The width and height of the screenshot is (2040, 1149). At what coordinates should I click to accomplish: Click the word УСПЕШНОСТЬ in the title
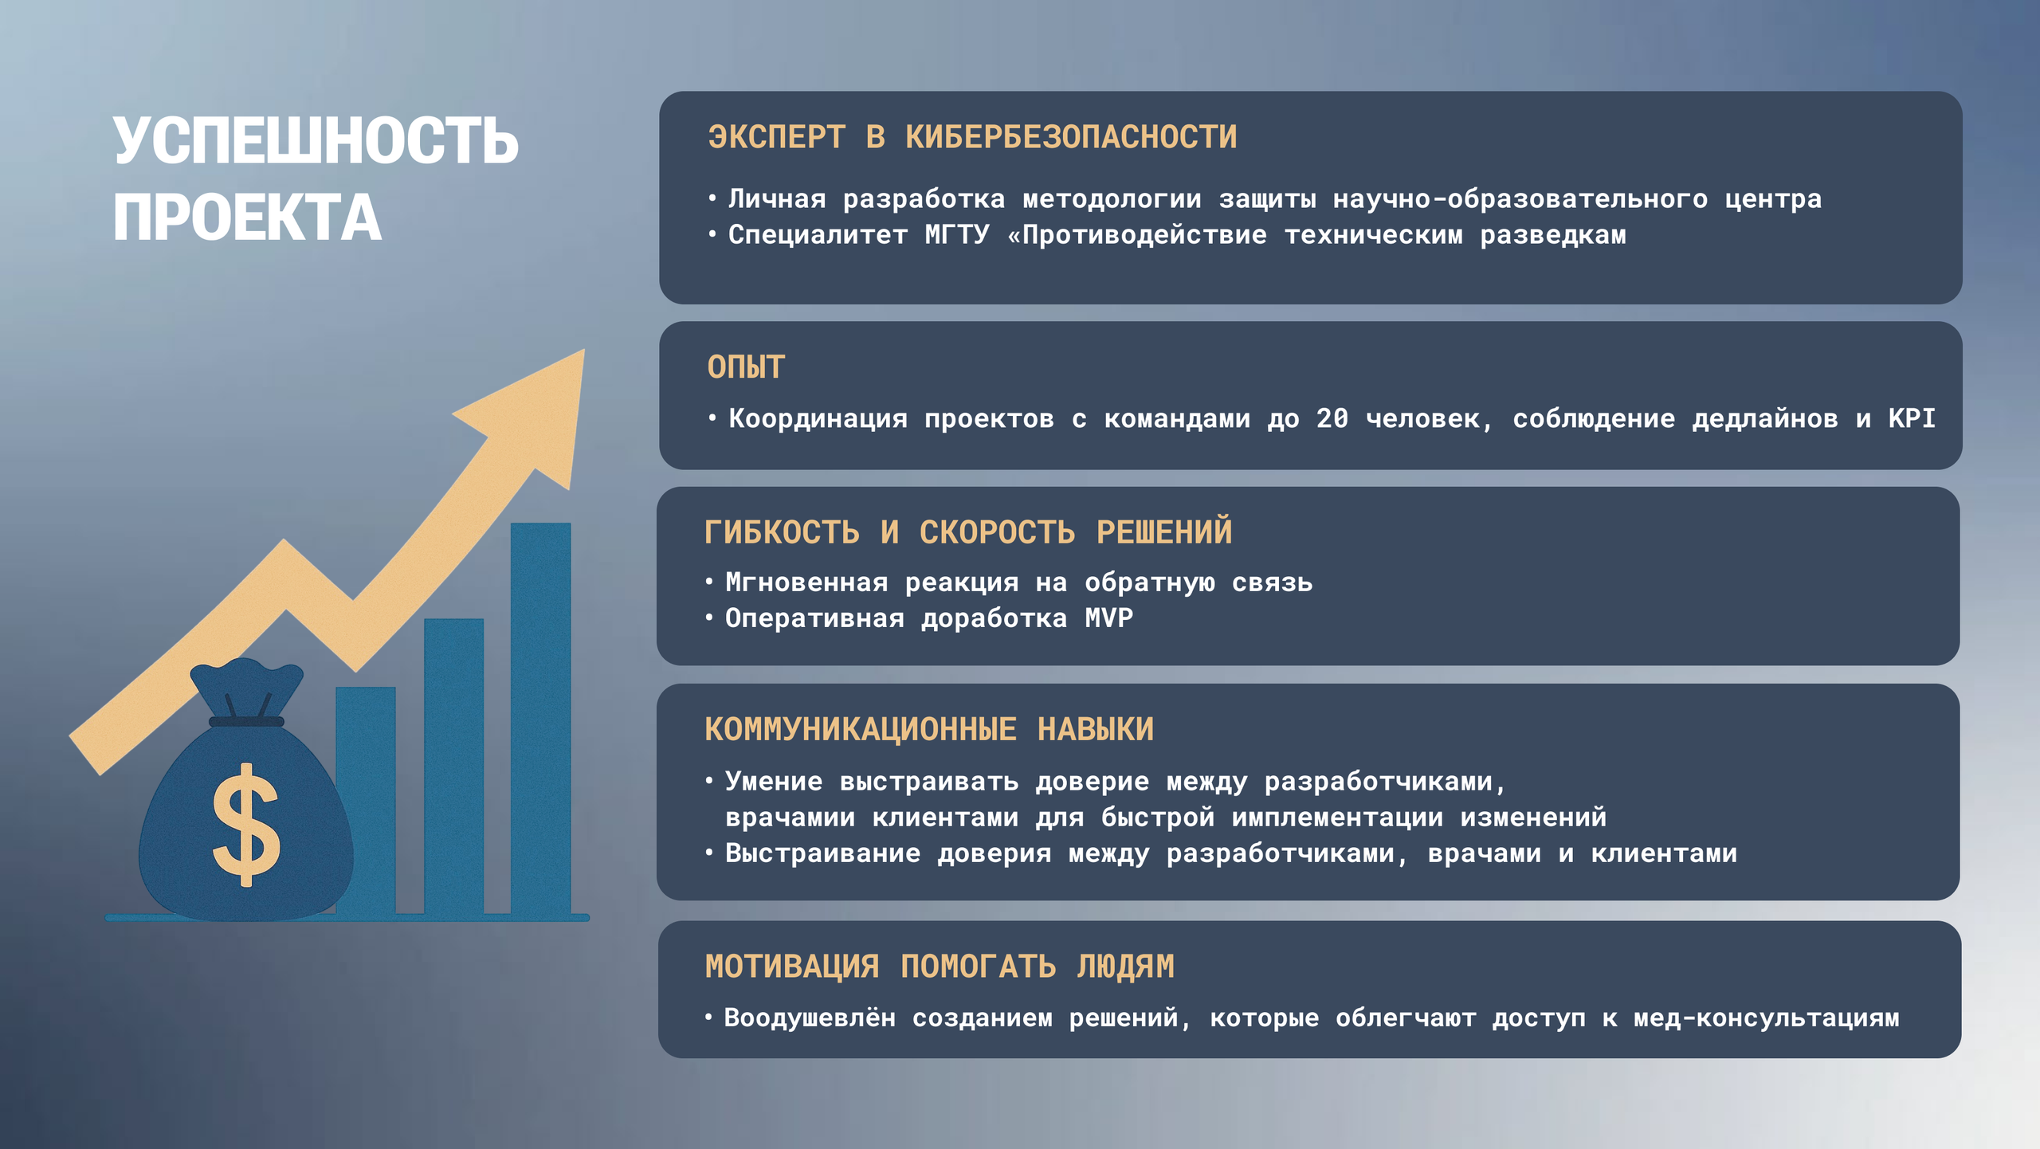click(x=316, y=142)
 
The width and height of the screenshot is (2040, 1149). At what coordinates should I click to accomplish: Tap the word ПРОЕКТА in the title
click(x=247, y=218)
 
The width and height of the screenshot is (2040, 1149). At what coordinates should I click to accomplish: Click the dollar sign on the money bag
click(x=246, y=825)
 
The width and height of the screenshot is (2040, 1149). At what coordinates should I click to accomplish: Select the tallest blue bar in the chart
click(x=540, y=717)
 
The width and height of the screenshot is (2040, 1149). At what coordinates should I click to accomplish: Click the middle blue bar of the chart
click(x=453, y=765)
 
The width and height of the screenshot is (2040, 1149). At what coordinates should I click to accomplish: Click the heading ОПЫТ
click(x=746, y=367)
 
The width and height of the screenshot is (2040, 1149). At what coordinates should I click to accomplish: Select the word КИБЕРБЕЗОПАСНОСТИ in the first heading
click(x=1071, y=138)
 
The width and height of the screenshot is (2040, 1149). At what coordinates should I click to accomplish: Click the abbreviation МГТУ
click(x=956, y=235)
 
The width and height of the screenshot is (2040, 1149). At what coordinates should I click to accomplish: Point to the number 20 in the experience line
click(x=1332, y=418)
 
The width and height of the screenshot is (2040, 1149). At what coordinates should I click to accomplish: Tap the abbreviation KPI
click(x=1911, y=418)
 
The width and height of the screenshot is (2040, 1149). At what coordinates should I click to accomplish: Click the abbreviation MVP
click(x=1108, y=618)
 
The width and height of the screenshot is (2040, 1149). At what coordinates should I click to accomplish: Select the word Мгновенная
click(x=806, y=582)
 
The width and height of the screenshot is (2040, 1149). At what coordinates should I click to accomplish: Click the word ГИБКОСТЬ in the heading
click(x=782, y=532)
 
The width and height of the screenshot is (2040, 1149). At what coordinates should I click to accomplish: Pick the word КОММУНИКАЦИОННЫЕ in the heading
click(x=861, y=729)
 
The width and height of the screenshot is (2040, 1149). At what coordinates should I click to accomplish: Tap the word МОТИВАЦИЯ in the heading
click(x=792, y=967)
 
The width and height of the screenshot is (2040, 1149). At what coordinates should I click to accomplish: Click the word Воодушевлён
click(x=810, y=1018)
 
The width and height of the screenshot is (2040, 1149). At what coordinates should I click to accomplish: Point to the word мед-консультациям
click(x=1766, y=1018)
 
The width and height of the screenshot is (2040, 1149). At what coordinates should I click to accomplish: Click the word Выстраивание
click(x=822, y=853)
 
